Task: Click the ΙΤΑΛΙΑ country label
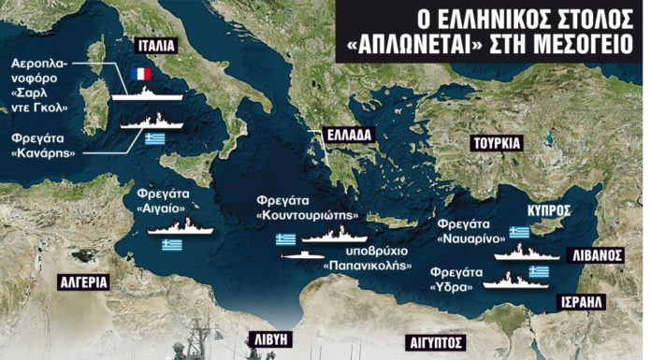[x=156, y=44]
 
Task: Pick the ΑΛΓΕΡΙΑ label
[x=81, y=281]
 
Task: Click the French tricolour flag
[x=141, y=74]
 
